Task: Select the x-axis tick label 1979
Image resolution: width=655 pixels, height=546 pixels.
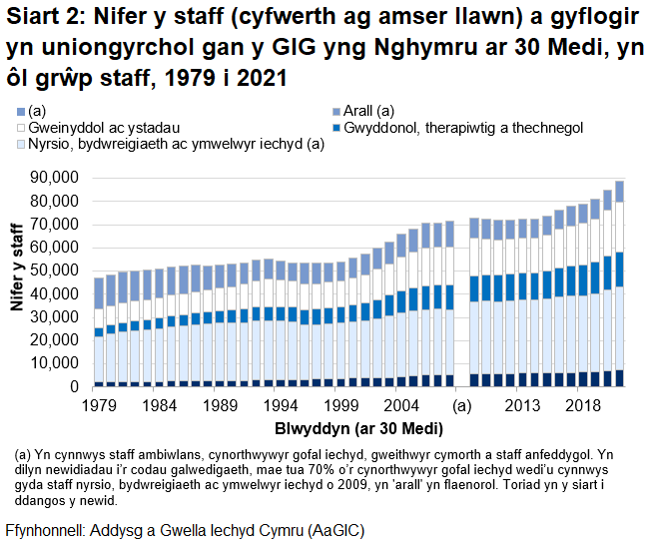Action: (x=99, y=405)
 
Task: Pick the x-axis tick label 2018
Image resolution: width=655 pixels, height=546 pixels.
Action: (x=582, y=405)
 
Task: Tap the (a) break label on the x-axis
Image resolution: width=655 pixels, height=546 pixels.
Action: (x=461, y=405)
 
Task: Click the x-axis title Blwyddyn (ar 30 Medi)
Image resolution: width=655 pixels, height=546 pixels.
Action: (x=358, y=428)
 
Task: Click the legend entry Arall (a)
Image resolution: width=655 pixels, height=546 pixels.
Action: (x=368, y=111)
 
